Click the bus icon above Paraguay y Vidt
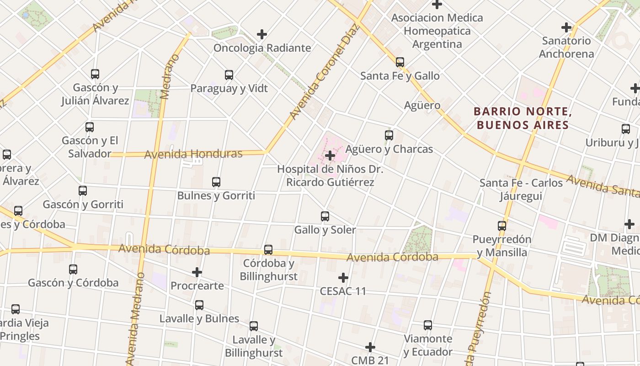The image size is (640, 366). tap(229, 75)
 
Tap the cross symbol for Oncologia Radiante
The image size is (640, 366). tap(262, 34)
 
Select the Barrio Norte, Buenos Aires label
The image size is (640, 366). tap(523, 118)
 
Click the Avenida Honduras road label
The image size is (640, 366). tap(193, 154)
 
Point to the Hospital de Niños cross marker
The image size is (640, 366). tap(330, 156)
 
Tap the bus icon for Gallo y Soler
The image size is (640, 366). tap(325, 216)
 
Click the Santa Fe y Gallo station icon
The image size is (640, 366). tap(400, 62)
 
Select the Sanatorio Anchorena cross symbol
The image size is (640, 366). tap(566, 27)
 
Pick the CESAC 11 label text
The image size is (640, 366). tap(343, 291)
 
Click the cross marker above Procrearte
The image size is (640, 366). tap(197, 272)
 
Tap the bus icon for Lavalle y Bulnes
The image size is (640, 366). tap(199, 305)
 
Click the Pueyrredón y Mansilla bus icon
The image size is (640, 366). tap(502, 226)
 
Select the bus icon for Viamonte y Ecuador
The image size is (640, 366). tap(428, 325)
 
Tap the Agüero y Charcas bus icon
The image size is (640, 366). tap(389, 135)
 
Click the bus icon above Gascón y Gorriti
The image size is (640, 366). tap(83, 190)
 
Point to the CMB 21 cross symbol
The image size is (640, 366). tap(370, 347)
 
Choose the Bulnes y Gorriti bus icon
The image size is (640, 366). tap(216, 182)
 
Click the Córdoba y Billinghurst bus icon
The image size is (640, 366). tap(268, 250)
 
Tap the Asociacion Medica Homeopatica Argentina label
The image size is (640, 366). tap(437, 31)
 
